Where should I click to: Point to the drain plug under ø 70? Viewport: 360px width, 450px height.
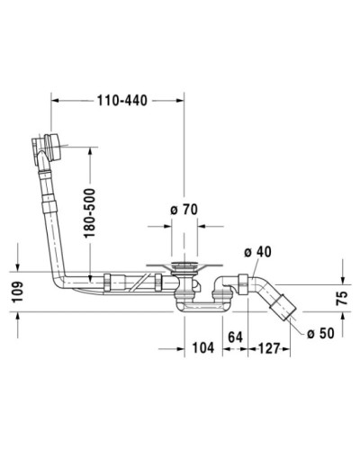pos(187,266)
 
